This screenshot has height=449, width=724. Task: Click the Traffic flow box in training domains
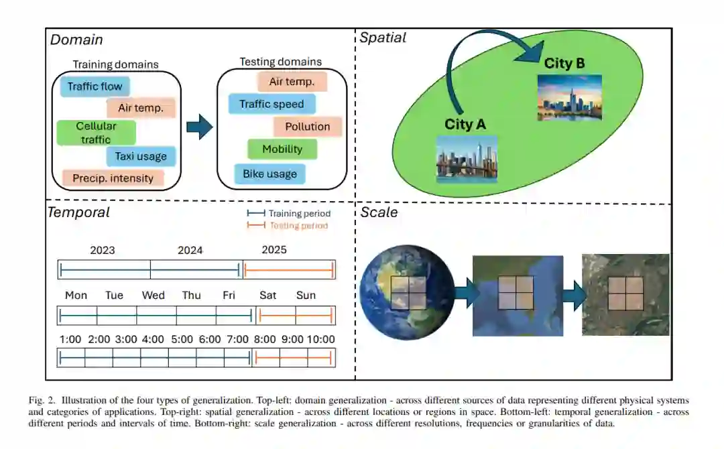(95, 86)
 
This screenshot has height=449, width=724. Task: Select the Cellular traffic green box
(96, 133)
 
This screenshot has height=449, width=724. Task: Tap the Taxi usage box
(141, 157)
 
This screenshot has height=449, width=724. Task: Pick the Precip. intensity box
(113, 178)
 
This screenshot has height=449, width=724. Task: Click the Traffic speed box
(271, 104)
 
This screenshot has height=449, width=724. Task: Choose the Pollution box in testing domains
(307, 127)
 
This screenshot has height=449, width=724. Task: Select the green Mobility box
(282, 149)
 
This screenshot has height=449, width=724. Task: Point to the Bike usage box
(269, 174)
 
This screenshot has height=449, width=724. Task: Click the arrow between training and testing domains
(198, 126)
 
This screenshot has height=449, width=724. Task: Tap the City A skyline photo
(467, 159)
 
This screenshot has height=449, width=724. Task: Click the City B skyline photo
(569, 97)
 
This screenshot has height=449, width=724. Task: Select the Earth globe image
(398, 292)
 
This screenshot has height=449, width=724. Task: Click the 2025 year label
(274, 250)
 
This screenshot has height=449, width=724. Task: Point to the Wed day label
(153, 296)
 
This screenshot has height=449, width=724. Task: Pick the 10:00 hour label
(320, 340)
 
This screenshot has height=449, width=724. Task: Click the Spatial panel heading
(383, 38)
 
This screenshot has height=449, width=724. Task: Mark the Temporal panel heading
(78, 213)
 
